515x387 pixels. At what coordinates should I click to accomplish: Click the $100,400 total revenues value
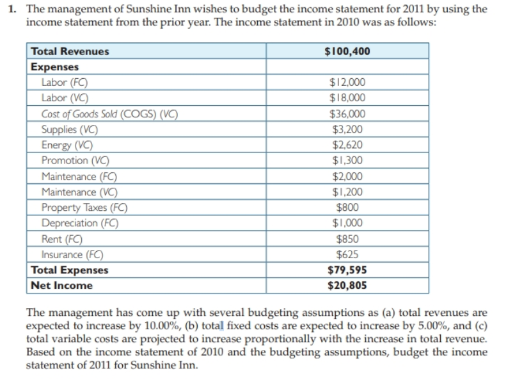pos(347,51)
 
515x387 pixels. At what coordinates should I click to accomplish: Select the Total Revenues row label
pos(70,51)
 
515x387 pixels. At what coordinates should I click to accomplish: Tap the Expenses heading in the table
pos(55,67)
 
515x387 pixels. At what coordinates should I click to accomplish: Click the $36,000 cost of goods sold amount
pos(347,114)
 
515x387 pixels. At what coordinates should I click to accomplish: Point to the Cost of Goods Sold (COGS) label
pos(109,114)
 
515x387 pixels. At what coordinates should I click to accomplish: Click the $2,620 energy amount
pos(347,145)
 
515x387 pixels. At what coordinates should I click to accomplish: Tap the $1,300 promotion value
pos(347,160)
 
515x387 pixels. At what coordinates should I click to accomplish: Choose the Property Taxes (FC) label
pos(84,208)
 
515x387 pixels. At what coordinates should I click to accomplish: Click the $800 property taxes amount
pos(347,208)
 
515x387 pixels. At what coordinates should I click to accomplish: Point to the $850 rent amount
pos(347,239)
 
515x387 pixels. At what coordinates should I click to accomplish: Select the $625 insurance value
pos(347,254)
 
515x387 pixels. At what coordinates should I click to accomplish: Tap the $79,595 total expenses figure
pos(347,270)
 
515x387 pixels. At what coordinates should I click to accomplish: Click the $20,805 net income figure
pos(347,286)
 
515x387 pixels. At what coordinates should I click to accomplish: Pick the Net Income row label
pos(62,286)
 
